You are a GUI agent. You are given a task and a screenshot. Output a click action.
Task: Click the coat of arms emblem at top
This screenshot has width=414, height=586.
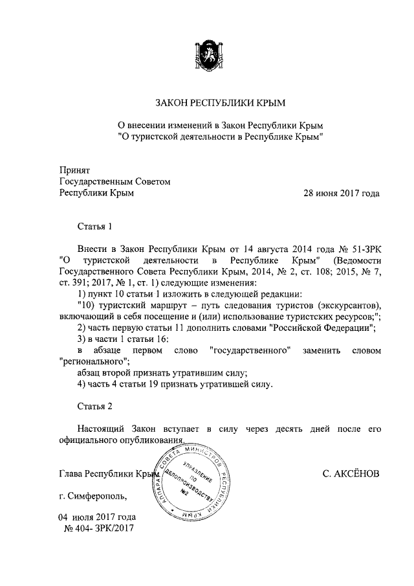[207, 54]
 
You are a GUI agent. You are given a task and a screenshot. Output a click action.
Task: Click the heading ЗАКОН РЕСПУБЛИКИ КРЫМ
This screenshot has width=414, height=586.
[220, 104]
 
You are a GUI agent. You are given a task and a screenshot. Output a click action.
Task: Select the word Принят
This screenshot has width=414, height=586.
[74, 170]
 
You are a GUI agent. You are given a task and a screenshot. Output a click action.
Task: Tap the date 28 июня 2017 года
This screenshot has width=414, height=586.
[342, 194]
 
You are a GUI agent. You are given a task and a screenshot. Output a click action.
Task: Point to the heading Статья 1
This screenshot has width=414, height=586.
[95, 226]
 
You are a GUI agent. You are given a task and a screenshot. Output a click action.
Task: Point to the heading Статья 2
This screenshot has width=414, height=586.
[95, 406]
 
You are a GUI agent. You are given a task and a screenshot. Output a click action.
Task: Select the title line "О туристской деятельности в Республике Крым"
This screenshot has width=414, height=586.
[220, 137]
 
